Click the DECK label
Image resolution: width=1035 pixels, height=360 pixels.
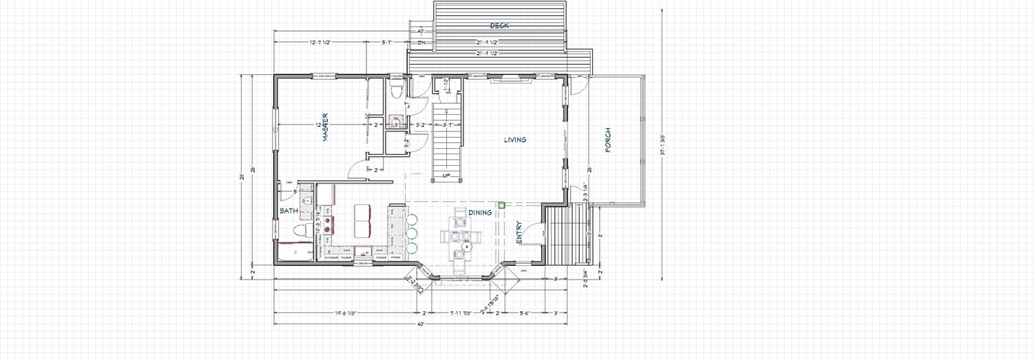click(499, 25)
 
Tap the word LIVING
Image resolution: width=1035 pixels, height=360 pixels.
click(514, 140)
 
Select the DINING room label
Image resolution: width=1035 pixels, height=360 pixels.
click(480, 213)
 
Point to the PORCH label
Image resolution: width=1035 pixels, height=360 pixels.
click(608, 140)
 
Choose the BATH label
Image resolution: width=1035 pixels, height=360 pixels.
click(288, 211)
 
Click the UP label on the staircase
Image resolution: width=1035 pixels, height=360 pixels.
click(447, 176)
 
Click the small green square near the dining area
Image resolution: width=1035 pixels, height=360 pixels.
click(502, 204)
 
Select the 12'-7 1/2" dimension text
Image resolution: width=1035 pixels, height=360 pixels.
click(320, 43)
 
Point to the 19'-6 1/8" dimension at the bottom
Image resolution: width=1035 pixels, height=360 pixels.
click(346, 313)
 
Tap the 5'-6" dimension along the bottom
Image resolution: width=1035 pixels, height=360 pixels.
click(526, 313)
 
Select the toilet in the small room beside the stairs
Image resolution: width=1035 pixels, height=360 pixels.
click(396, 91)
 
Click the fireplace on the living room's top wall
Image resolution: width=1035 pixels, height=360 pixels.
click(511, 80)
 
